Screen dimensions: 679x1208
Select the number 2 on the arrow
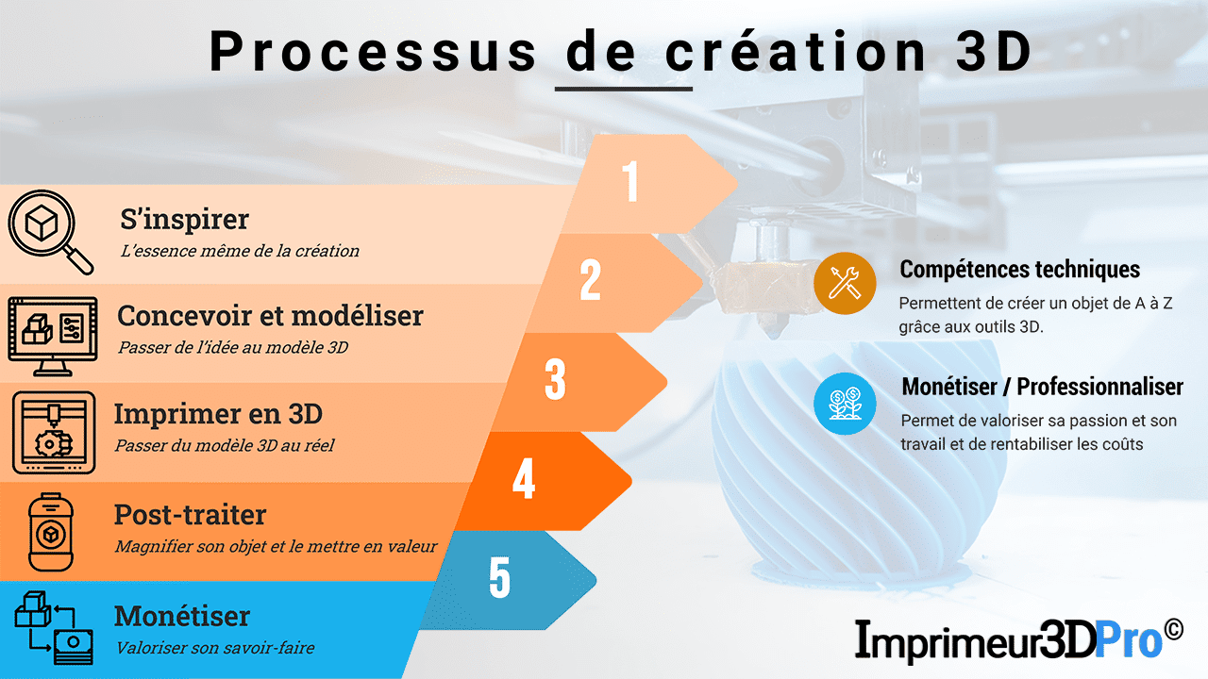(591, 280)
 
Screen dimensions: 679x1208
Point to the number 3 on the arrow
(555, 378)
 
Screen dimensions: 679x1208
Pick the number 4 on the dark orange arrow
(524, 478)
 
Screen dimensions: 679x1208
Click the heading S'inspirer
(185, 220)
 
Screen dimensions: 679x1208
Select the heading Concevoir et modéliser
(270, 315)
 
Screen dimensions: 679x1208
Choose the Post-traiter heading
(190, 515)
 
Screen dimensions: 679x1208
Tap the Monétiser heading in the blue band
(182, 616)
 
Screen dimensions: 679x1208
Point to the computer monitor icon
(52, 330)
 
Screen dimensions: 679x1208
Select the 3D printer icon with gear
(53, 432)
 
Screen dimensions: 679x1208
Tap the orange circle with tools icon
(845, 282)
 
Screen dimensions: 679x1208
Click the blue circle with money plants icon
(845, 403)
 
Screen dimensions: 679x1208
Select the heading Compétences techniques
(1019, 270)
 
